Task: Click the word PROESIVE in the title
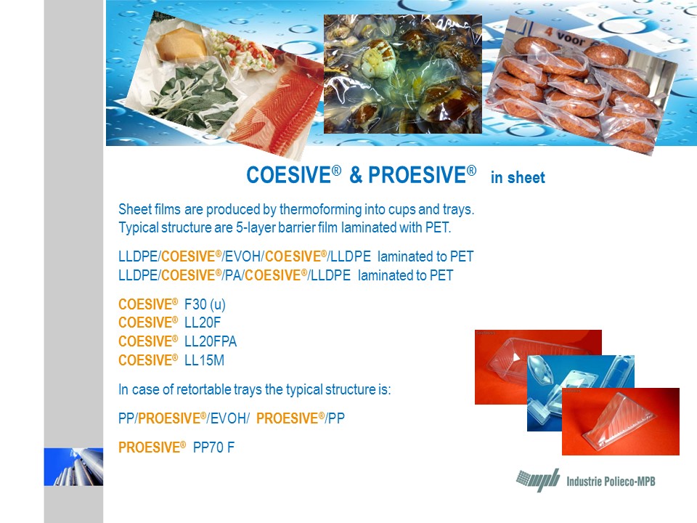pos(417,175)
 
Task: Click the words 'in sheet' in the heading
pos(518,177)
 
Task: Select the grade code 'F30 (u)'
pos(205,304)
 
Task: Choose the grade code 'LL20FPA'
pos(211,341)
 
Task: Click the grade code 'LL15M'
pos(205,360)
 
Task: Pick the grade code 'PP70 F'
pos(213,447)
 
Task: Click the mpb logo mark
pos(538,480)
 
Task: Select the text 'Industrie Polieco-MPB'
pos(611,482)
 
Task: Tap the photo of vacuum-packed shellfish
pos(403,74)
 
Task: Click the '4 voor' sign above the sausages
pos(566,36)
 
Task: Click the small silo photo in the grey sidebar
pos(73,466)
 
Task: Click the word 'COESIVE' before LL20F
pos(148,323)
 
